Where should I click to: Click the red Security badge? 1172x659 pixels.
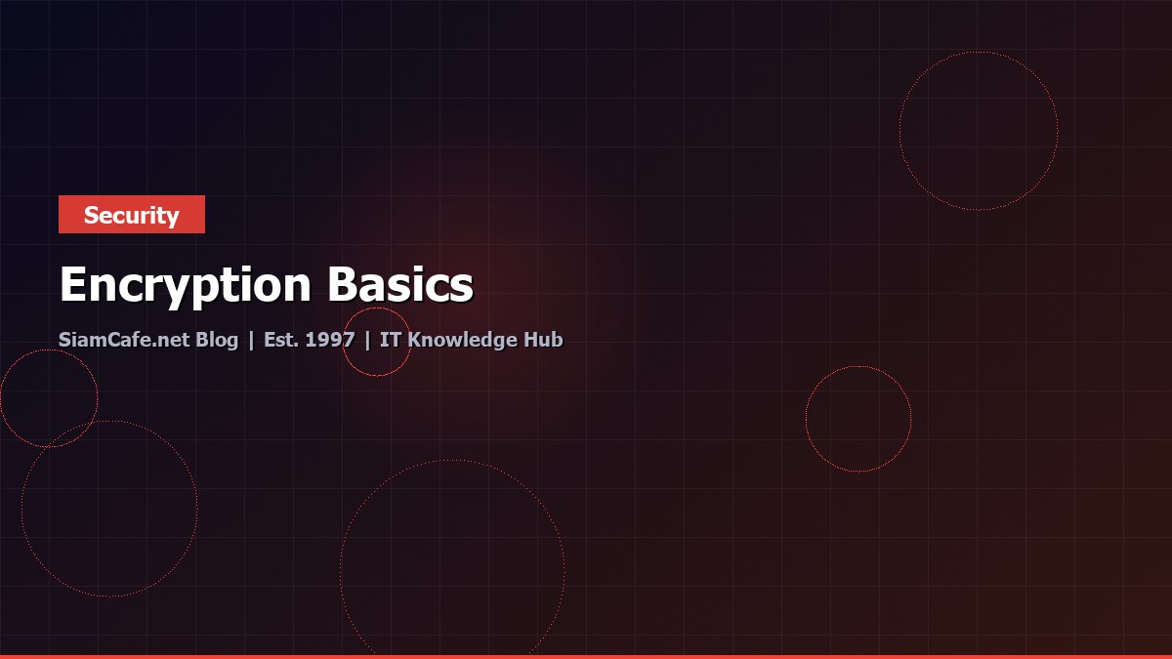pos(132,215)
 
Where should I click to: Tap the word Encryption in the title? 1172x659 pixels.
pos(186,285)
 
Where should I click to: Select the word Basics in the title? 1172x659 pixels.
pos(400,285)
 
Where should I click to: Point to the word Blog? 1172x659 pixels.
pos(217,340)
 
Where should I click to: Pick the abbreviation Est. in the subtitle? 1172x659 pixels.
pos(281,340)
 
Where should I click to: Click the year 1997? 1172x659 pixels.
pos(330,340)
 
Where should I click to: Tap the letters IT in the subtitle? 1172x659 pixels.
pos(390,340)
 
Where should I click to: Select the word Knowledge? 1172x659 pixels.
pos(468,340)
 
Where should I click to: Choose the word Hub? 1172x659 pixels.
pos(546,340)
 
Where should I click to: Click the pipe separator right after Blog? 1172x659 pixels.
pos(251,340)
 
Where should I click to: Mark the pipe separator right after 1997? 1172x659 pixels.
pos(367,340)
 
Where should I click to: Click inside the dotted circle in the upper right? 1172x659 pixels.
pos(979,131)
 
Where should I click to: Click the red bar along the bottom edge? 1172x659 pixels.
pos(586,656)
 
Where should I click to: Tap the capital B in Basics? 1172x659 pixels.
pos(341,285)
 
